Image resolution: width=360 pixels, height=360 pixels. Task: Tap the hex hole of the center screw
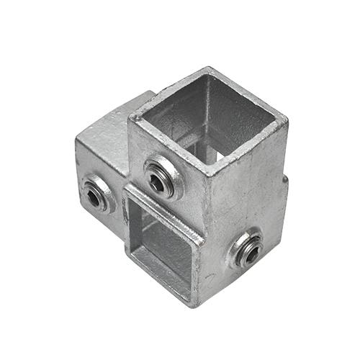[157, 181]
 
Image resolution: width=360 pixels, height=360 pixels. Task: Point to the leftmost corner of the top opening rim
[130, 117]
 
